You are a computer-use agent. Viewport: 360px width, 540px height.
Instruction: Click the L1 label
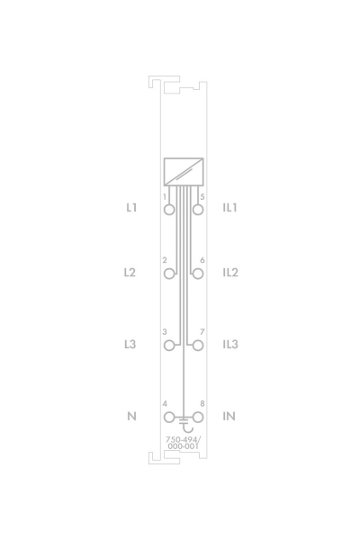[x=131, y=208]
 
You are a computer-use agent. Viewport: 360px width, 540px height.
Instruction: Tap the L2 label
[x=130, y=273]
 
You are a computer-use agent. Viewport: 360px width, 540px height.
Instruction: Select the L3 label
[x=130, y=344]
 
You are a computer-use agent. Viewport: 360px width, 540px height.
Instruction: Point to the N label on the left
[x=131, y=416]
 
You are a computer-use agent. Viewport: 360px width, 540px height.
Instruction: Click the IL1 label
[x=229, y=208]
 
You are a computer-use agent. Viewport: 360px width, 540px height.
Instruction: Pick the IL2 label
[x=230, y=273]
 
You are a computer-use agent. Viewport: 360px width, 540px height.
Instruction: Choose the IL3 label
[x=230, y=344]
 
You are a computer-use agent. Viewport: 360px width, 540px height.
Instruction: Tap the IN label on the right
[x=229, y=416]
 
